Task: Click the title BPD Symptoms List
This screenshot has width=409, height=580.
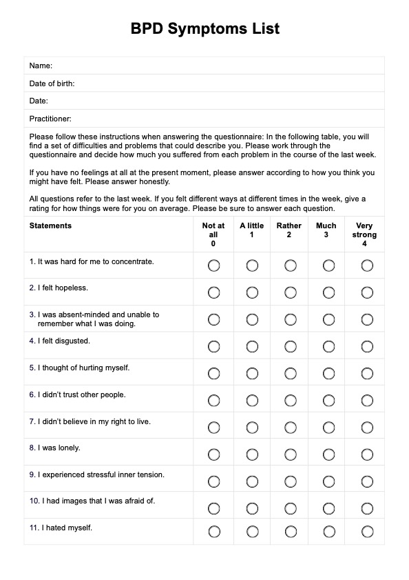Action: coord(204,29)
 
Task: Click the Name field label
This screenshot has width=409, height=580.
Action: coord(41,66)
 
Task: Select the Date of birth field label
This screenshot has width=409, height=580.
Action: coord(52,83)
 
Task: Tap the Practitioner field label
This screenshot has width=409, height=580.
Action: coord(50,119)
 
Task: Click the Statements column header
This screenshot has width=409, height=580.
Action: coord(50,226)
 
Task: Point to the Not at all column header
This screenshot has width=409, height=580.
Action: coord(213,234)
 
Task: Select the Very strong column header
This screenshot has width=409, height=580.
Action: coord(364,234)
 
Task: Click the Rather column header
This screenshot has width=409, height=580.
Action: coord(289,230)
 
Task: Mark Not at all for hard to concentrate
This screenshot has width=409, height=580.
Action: coord(213,266)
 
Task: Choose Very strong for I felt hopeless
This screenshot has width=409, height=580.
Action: coord(367,292)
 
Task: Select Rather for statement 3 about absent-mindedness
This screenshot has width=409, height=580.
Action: coord(291,319)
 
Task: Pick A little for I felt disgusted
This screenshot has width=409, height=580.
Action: coord(252,346)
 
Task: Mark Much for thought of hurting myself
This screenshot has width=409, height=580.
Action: coord(328,373)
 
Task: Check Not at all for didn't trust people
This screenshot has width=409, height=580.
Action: coord(213,400)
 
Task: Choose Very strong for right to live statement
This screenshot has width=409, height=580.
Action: coord(367,427)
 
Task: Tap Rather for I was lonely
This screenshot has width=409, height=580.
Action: coord(291,454)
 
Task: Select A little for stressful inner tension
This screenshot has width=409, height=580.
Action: coord(252,481)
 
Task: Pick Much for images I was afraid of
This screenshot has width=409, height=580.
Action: coord(328,508)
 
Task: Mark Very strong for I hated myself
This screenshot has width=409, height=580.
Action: coord(367,531)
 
